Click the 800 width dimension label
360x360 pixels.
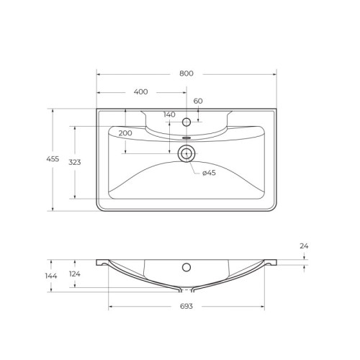pyautogui.click(x=186, y=73)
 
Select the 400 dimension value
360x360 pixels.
pyautogui.click(x=140, y=92)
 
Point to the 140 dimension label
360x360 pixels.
pyautogui.click(x=169, y=114)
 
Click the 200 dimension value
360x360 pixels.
pyautogui.click(x=126, y=133)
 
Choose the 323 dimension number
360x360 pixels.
pyautogui.click(x=75, y=163)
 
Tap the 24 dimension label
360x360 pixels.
pyautogui.click(x=304, y=247)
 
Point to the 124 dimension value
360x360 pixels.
pyautogui.click(x=75, y=274)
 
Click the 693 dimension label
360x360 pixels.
pyautogui.click(x=186, y=307)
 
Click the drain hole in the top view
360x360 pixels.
pyautogui.click(x=186, y=152)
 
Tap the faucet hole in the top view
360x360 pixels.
pyautogui.click(x=186, y=122)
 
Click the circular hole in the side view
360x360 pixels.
pyautogui.click(x=186, y=268)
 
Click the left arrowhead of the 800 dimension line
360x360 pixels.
pyautogui.click(x=99, y=73)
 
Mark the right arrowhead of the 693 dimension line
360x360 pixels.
pyautogui.click(x=263, y=307)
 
